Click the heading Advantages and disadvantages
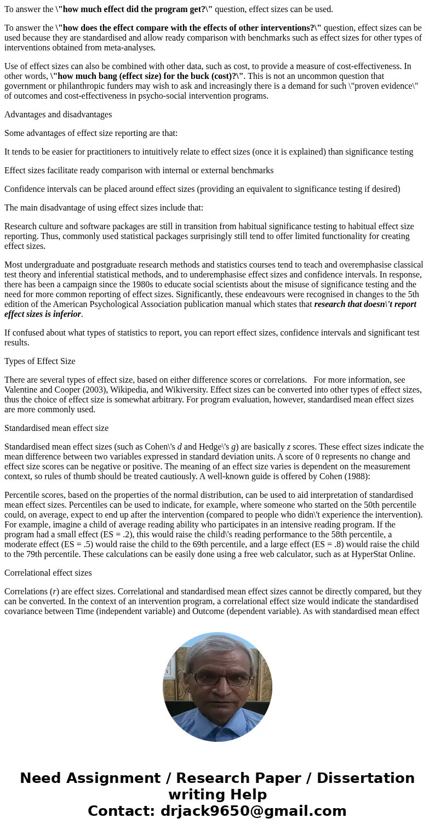coord(58,115)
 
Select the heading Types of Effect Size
coord(40,361)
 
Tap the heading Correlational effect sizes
coord(48,573)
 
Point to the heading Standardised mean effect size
coord(56,428)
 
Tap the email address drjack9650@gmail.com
coord(253,811)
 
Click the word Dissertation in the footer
coord(365,778)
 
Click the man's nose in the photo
coord(218,687)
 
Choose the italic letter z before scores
coord(289,447)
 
